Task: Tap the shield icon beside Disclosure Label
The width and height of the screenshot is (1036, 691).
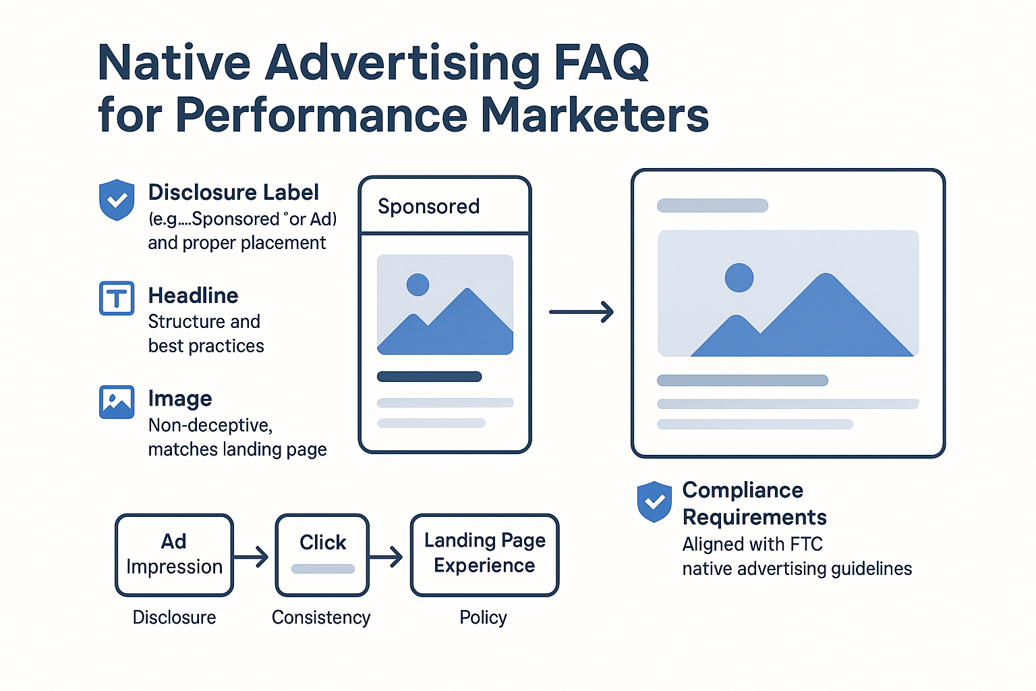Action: pos(117,200)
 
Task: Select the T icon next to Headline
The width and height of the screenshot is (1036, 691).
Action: pos(117,298)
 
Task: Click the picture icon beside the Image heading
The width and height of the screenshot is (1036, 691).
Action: pos(117,402)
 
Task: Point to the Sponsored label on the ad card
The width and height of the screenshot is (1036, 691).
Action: pos(428,206)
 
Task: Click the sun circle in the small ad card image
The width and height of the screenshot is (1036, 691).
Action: pos(418,285)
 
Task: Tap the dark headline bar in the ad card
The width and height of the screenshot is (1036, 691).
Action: pos(429,377)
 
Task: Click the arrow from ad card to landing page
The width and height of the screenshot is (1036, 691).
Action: pos(581,312)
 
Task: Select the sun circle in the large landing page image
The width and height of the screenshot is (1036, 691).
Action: pos(739,277)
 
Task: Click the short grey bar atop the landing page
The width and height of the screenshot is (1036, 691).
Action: pos(712,206)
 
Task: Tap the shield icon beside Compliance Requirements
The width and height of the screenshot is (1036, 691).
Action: pos(654,501)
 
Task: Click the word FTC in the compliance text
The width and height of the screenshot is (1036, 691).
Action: pos(805,544)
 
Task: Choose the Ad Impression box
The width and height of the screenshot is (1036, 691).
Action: pos(174,555)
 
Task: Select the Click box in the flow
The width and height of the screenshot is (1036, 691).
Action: pos(322,555)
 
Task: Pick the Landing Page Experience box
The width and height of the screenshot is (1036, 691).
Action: pos(484,555)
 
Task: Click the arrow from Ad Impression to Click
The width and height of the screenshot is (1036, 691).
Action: pos(251,557)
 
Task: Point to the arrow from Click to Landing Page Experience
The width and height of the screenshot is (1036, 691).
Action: pos(386,557)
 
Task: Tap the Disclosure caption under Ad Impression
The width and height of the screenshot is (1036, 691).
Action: pos(174,617)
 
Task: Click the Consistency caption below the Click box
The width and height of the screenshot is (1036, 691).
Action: pos(321,617)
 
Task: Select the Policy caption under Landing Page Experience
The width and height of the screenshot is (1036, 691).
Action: pos(483,617)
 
